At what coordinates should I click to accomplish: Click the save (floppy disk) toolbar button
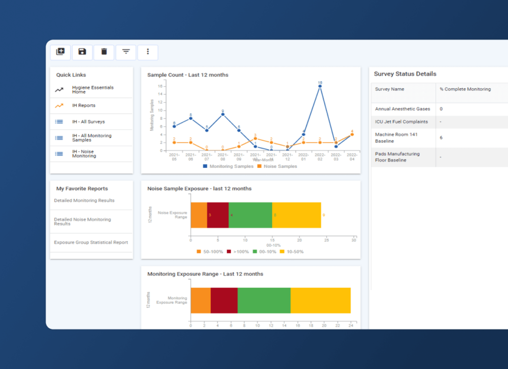click(82, 52)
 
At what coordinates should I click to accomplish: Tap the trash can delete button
click(104, 52)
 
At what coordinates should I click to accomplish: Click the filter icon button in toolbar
click(126, 52)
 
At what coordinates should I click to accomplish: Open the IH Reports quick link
click(83, 105)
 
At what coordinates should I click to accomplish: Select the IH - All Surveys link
click(88, 122)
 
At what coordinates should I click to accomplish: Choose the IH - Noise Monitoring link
click(83, 154)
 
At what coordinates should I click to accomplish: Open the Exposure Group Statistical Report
click(91, 242)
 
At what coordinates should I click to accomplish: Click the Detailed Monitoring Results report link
click(84, 201)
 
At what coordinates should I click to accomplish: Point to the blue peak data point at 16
click(320, 86)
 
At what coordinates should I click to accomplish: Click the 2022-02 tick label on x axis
click(320, 156)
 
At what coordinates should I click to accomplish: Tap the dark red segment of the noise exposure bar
click(218, 215)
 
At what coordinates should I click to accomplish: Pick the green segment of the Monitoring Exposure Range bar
click(264, 300)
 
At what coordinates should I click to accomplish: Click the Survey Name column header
click(389, 89)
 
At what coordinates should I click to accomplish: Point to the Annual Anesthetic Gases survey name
click(402, 109)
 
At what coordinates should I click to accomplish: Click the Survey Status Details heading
click(405, 74)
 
